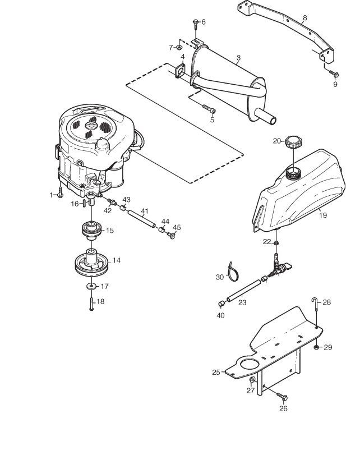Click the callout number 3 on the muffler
click(x=238, y=58)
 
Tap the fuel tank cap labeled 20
click(x=293, y=141)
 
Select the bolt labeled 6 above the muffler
click(x=195, y=23)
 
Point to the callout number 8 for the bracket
click(x=304, y=17)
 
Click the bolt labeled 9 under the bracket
click(x=334, y=73)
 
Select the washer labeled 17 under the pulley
click(x=91, y=287)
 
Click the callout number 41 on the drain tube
click(x=144, y=212)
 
